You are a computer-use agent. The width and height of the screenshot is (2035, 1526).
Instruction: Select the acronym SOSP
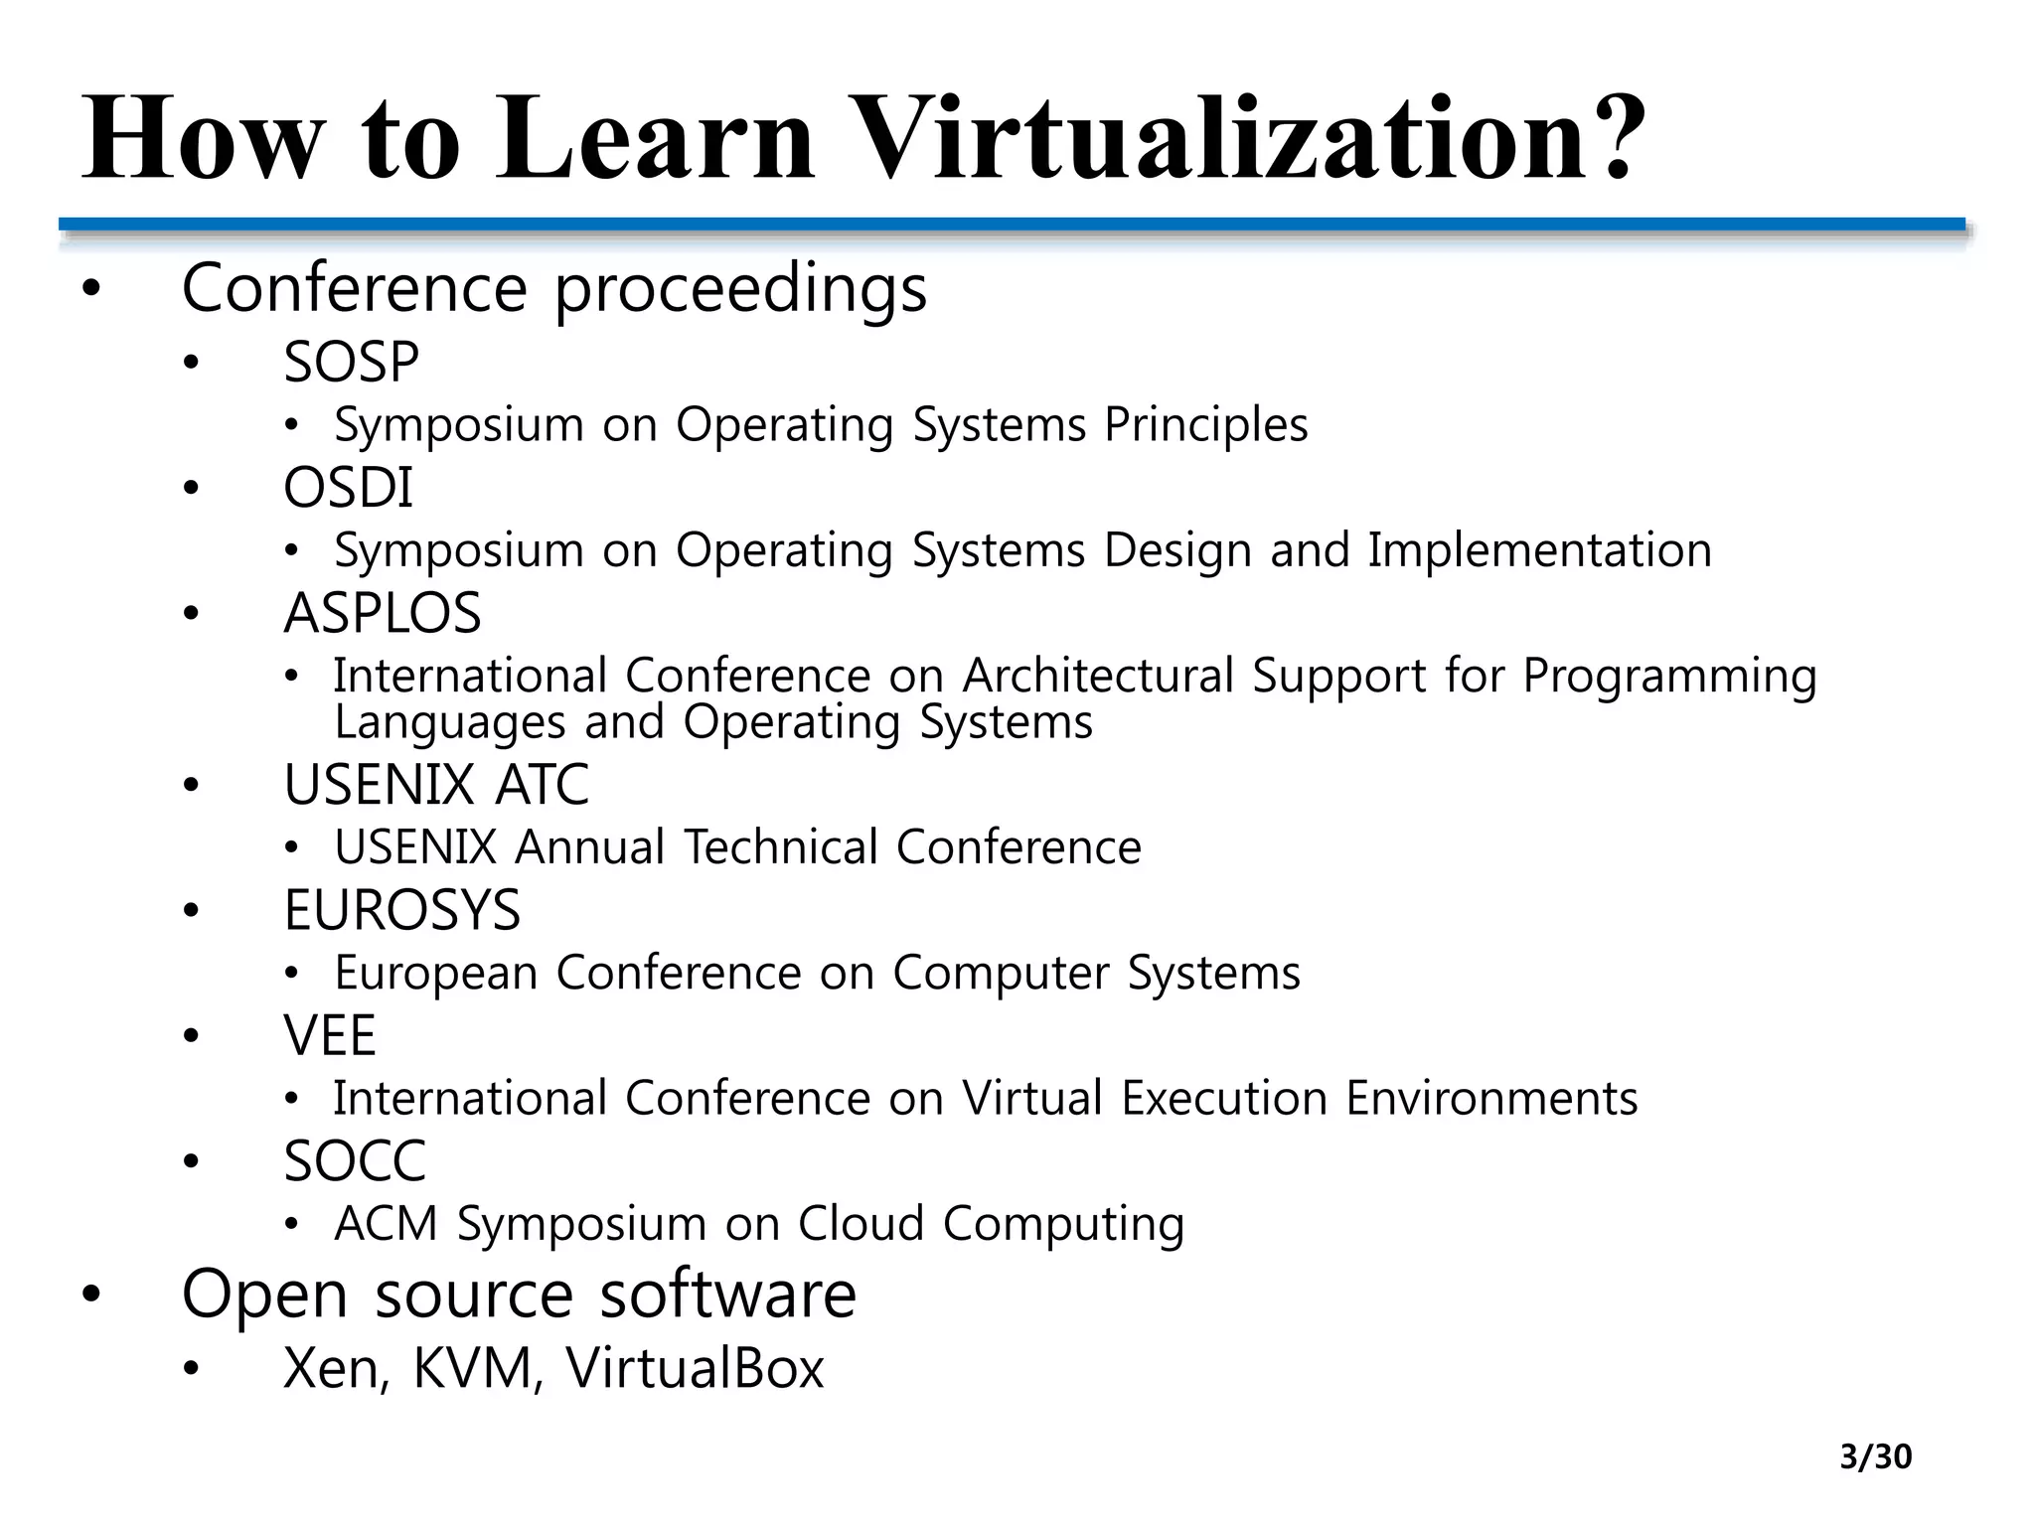[x=351, y=362]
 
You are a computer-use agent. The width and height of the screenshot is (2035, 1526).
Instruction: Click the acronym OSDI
[x=348, y=488]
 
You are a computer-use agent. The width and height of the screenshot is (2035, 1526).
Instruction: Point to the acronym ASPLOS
[x=383, y=613]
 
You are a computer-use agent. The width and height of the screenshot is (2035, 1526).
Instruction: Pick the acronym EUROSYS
[x=401, y=910]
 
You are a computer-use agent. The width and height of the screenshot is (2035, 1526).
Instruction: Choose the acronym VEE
[x=330, y=1036]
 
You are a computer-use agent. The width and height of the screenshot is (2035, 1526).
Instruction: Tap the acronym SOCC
[x=355, y=1161]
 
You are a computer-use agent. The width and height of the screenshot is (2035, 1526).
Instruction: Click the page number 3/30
[x=1875, y=1456]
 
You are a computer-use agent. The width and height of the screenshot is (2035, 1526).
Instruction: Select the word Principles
[x=1206, y=425]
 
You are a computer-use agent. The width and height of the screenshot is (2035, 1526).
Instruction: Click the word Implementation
[x=1539, y=550]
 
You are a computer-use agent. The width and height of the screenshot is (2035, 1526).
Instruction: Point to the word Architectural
[x=1098, y=677]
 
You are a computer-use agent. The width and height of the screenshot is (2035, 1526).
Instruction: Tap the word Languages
[x=450, y=722]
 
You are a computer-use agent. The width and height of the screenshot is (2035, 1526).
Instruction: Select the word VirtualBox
[x=695, y=1368]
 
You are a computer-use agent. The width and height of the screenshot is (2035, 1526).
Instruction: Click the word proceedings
[x=740, y=289]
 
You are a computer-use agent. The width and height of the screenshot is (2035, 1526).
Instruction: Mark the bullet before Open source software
[x=91, y=1295]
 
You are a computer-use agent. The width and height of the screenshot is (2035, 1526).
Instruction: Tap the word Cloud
[x=861, y=1224]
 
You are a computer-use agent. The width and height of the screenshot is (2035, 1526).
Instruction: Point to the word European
[x=436, y=973]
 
